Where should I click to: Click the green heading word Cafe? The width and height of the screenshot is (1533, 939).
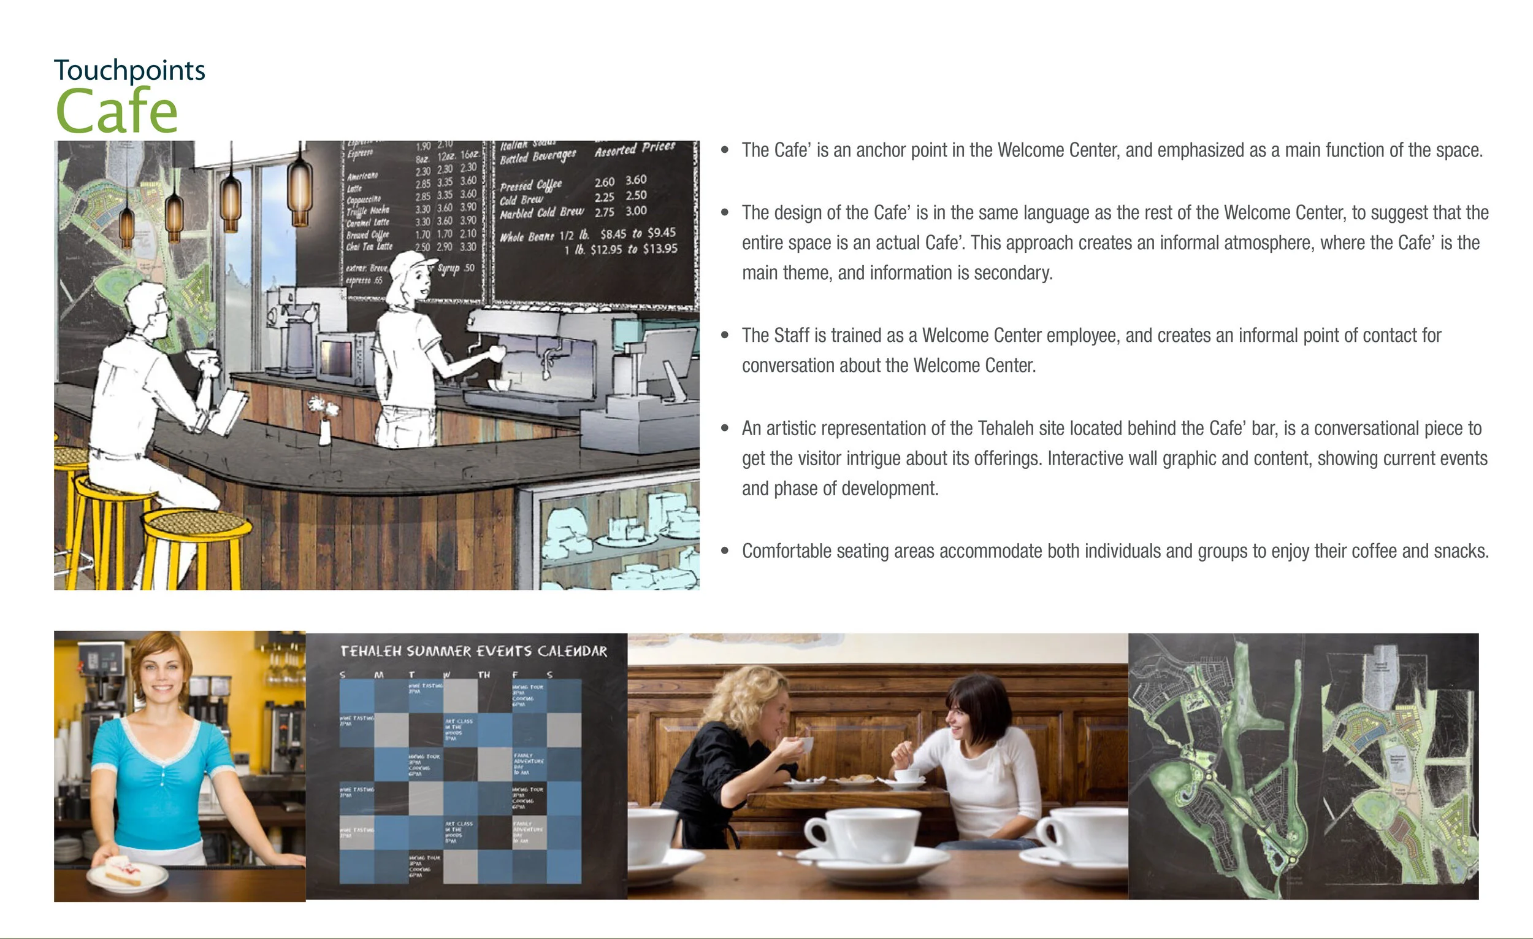[117, 111]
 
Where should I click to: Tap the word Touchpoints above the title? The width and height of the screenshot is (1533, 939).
[129, 71]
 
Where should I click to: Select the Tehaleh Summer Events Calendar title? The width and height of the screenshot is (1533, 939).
[473, 651]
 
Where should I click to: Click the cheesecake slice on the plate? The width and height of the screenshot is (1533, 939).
[123, 869]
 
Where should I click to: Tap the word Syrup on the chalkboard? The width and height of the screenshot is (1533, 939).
[449, 268]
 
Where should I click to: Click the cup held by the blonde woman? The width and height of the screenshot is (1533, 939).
[807, 744]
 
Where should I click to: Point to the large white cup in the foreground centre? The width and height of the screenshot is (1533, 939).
[865, 838]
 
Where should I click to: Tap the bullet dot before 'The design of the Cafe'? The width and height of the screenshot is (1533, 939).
[724, 213]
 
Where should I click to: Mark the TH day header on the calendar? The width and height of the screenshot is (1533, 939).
[483, 675]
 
